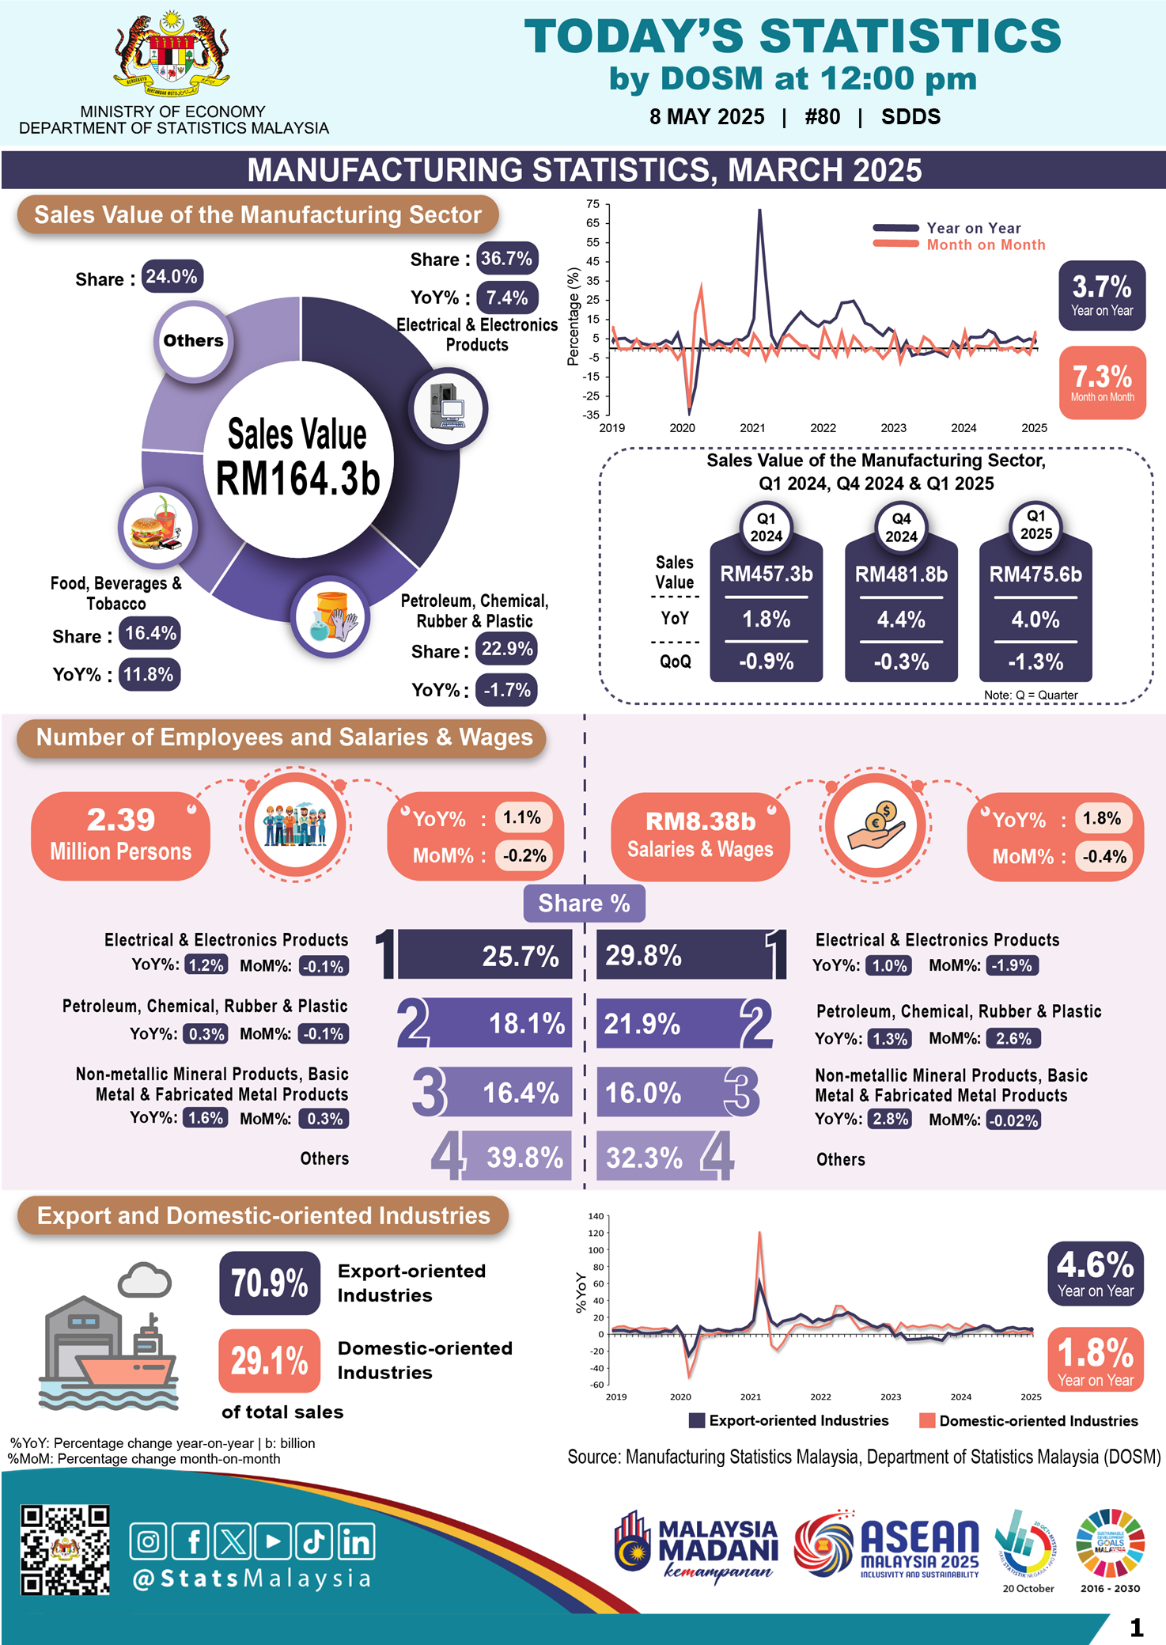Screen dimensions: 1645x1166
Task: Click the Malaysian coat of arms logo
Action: point(172,55)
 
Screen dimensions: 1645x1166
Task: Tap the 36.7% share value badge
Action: point(507,259)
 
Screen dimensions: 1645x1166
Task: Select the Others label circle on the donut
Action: point(193,341)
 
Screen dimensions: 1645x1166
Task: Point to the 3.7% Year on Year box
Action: point(1102,295)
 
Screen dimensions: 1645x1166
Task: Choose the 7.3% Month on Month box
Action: point(1102,382)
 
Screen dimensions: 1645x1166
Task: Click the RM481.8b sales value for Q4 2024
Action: point(901,574)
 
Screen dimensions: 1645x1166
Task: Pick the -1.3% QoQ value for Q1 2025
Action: point(1035,661)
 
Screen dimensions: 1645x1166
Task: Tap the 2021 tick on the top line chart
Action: point(752,428)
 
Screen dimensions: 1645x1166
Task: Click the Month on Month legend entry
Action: point(986,245)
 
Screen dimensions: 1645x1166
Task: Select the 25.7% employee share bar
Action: point(484,955)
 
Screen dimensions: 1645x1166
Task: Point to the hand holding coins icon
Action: point(876,824)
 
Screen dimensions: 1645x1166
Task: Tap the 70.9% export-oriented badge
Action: point(270,1283)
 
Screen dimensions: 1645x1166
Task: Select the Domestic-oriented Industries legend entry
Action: point(1028,1420)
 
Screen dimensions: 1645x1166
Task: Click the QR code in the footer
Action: point(65,1549)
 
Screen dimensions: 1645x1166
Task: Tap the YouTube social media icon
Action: point(273,1541)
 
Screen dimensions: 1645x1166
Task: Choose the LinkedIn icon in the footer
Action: point(356,1541)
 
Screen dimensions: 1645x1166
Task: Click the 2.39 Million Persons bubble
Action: point(120,836)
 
